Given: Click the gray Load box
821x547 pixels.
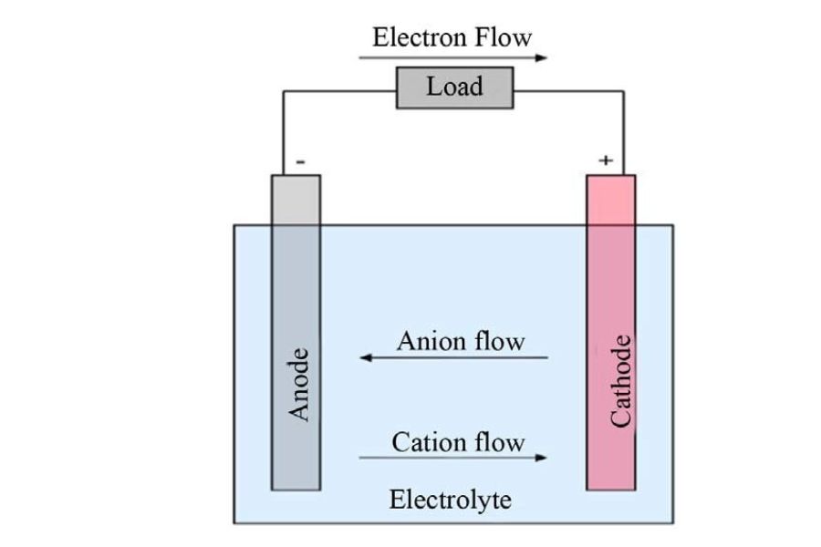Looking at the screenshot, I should (x=454, y=88).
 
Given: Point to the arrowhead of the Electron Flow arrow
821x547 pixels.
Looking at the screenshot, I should (x=544, y=58).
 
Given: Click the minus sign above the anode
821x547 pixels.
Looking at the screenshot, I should (x=300, y=161).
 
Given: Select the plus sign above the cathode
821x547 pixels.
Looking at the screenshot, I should (x=606, y=161).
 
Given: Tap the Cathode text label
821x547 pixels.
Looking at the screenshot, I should (x=620, y=380).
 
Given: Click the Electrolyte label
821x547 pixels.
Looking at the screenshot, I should (x=450, y=500).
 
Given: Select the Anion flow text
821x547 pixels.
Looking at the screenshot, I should (x=461, y=342).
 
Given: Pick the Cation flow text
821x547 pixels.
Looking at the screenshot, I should (x=458, y=443).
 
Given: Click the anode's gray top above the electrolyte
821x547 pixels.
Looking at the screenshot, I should (x=296, y=201).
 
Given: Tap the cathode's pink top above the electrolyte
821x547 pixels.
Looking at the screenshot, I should (x=610, y=201).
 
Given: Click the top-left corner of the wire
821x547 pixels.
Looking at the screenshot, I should (x=284, y=91).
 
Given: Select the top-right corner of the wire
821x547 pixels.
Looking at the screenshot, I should (x=624, y=91).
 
